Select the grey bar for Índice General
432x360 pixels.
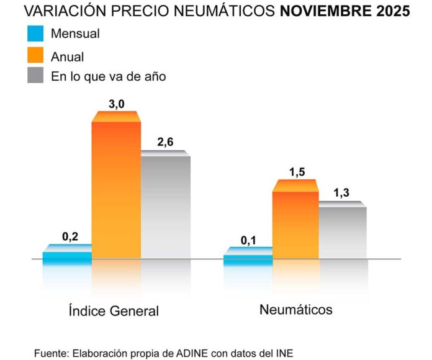tap(165, 206)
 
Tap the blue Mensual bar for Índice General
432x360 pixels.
tap(67, 255)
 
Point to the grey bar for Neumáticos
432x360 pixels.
tap(343, 231)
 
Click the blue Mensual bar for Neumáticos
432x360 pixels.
tap(248, 256)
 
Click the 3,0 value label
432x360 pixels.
tap(117, 104)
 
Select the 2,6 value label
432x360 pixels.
tap(165, 142)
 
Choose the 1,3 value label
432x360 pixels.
tap(341, 193)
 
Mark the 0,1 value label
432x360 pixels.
tap(249, 240)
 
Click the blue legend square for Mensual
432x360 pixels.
tap(36, 34)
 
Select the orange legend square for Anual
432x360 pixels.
tap(36, 55)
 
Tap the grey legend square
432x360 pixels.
tap(36, 76)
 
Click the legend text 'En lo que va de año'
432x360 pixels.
tap(108, 76)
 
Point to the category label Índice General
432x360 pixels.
tap(114, 311)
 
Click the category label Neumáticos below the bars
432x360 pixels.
tap(295, 309)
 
